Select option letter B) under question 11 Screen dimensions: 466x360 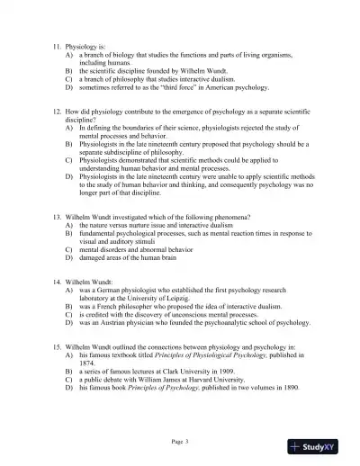click(x=70, y=67)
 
